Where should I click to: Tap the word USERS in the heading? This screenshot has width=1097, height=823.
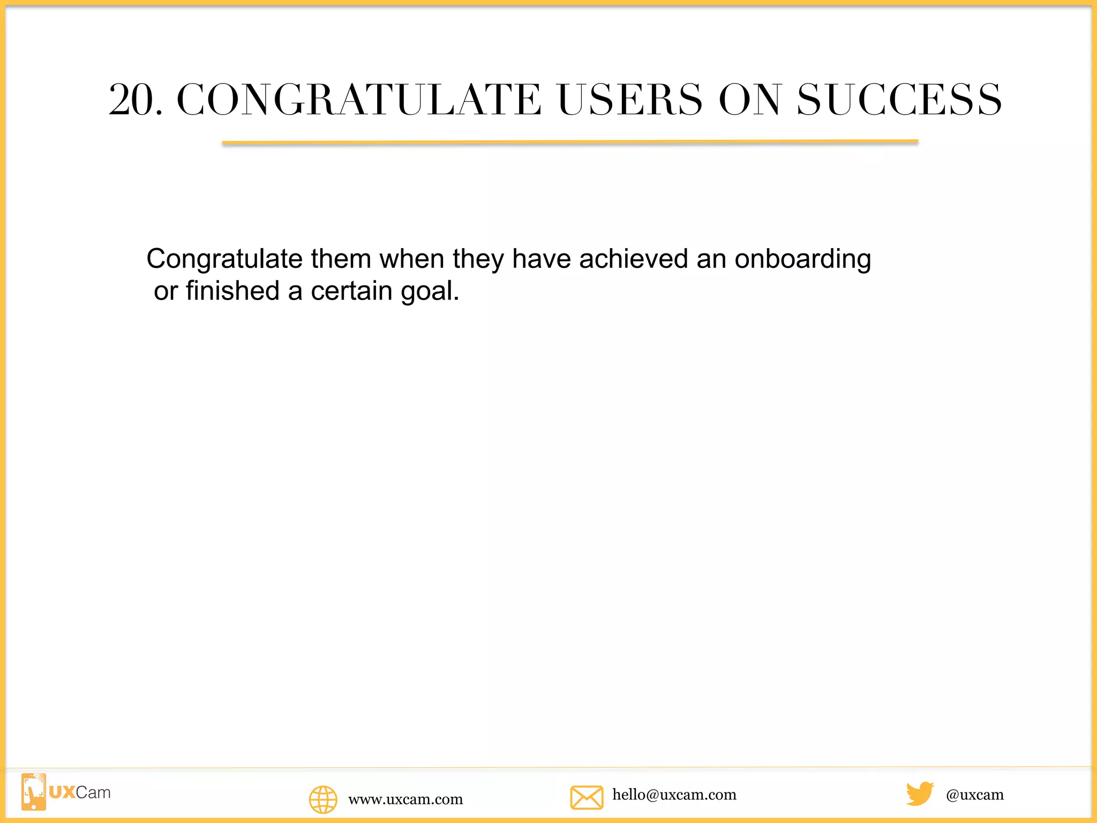629,100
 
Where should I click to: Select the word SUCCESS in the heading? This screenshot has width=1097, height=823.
899,100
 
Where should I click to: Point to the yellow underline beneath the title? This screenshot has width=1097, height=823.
570,143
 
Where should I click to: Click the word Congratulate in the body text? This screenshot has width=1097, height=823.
224,259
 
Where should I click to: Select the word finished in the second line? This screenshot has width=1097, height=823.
232,291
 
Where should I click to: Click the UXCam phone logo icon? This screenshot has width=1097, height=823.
33,792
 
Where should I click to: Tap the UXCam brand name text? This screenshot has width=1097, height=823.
80,792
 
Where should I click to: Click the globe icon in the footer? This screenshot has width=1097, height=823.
323,799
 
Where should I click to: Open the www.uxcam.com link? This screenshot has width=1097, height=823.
405,799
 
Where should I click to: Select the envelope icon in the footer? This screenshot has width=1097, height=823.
587,797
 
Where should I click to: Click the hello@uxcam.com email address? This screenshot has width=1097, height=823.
674,795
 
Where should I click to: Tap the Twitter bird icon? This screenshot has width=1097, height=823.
920,794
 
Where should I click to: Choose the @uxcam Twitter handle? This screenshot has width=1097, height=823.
975,795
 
